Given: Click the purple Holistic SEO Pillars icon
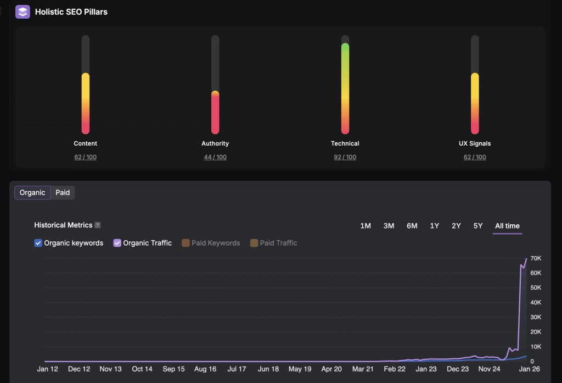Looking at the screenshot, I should [23, 12].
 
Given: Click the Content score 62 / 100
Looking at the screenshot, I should [85, 157].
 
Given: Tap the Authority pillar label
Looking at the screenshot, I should [215, 143].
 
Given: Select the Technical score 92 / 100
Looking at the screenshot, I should [345, 157].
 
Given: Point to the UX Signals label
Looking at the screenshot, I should [475, 143].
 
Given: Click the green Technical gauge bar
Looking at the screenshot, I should [345, 88].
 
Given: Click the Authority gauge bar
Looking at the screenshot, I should [215, 112].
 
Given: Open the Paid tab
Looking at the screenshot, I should [63, 192].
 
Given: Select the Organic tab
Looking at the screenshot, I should [32, 192].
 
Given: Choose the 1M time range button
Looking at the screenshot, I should [366, 226].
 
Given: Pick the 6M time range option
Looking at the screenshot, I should [412, 226].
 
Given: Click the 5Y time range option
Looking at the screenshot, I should [477, 226].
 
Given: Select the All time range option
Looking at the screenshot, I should [507, 226].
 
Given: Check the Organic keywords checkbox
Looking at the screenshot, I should [38, 243].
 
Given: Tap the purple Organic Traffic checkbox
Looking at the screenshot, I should [117, 243].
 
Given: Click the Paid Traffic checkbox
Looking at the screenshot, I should [254, 243].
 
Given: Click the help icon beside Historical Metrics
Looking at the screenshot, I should [98, 225].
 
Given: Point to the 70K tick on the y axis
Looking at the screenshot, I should [536, 258].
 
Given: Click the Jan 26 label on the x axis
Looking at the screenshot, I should [529, 369].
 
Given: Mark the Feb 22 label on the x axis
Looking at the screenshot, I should [395, 369].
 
